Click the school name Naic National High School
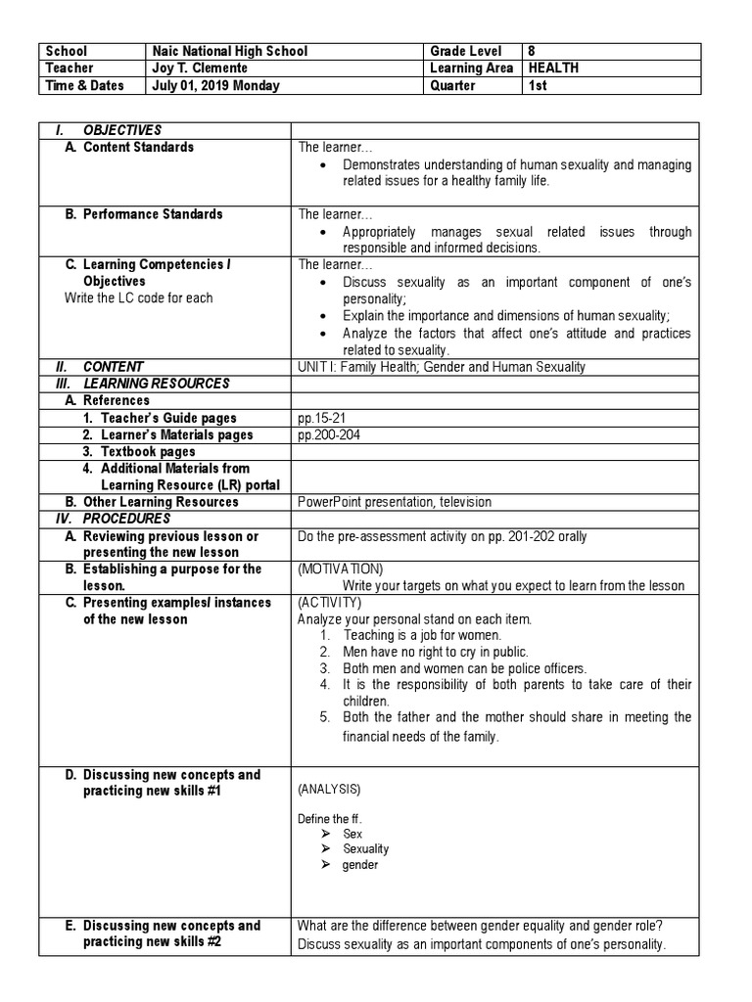tap(229, 51)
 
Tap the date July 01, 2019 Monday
tap(215, 86)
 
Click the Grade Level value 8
tap(534, 51)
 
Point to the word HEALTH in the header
tap(553, 68)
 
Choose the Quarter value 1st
tap(539, 86)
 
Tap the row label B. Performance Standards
tap(144, 214)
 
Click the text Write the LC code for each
tap(138, 298)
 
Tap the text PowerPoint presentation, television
tap(395, 502)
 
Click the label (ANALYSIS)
tap(328, 789)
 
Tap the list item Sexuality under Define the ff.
tap(365, 849)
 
